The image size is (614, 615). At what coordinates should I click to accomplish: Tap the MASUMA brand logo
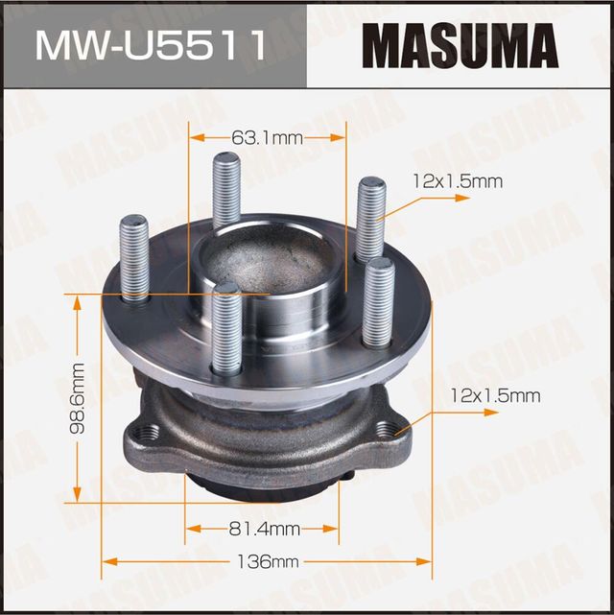click(460, 43)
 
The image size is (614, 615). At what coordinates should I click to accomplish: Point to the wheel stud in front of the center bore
click(226, 331)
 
